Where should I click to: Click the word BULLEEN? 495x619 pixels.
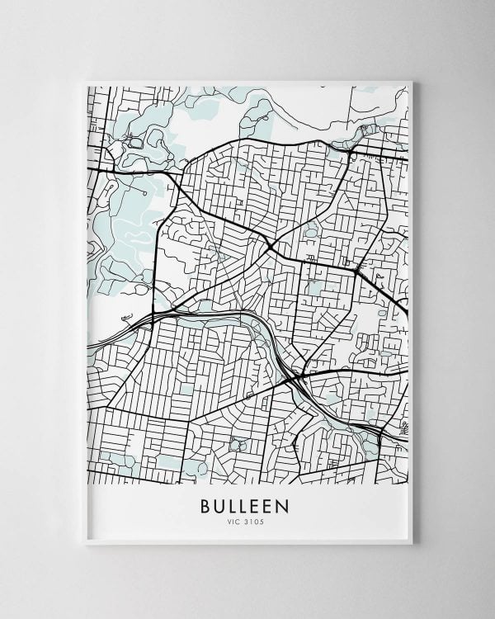click(247, 503)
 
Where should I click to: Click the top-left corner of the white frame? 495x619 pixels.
click(85, 81)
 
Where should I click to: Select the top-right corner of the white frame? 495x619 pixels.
click(412, 81)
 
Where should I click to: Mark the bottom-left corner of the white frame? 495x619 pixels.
click(85, 545)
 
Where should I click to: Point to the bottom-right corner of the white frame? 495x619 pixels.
click(412, 545)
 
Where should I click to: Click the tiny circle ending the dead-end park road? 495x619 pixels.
click(145, 192)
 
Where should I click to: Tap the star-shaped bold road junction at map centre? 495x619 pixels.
click(270, 245)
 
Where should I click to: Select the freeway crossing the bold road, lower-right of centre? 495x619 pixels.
click(296, 379)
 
